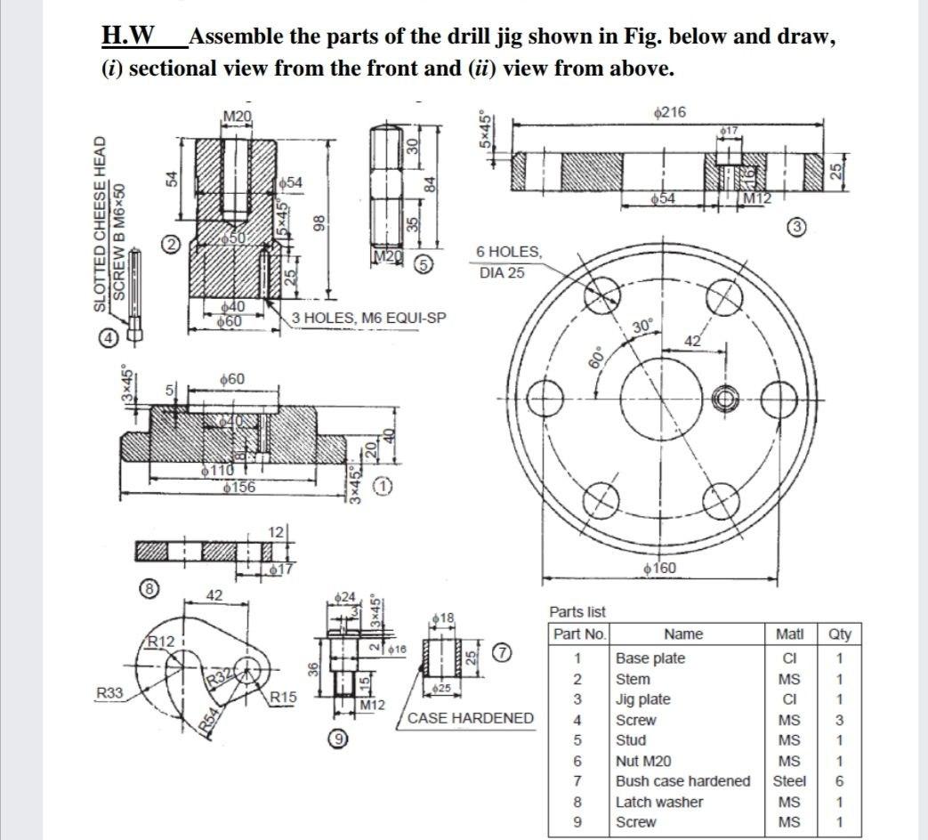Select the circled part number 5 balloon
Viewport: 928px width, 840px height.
click(425, 264)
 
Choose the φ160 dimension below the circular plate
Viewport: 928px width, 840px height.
click(658, 568)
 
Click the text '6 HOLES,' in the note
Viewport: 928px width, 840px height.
click(508, 252)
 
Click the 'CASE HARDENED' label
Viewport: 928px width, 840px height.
click(471, 718)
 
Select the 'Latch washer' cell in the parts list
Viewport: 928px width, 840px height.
click(658, 802)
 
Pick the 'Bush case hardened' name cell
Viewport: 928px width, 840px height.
click(683, 781)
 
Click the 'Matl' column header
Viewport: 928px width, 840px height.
click(788, 634)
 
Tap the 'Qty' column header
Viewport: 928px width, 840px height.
click(839, 634)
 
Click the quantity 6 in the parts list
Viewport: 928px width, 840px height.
click(839, 781)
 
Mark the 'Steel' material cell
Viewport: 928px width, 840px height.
click(788, 781)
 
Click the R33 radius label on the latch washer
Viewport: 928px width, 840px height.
click(110, 690)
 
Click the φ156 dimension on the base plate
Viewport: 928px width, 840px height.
click(238, 487)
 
